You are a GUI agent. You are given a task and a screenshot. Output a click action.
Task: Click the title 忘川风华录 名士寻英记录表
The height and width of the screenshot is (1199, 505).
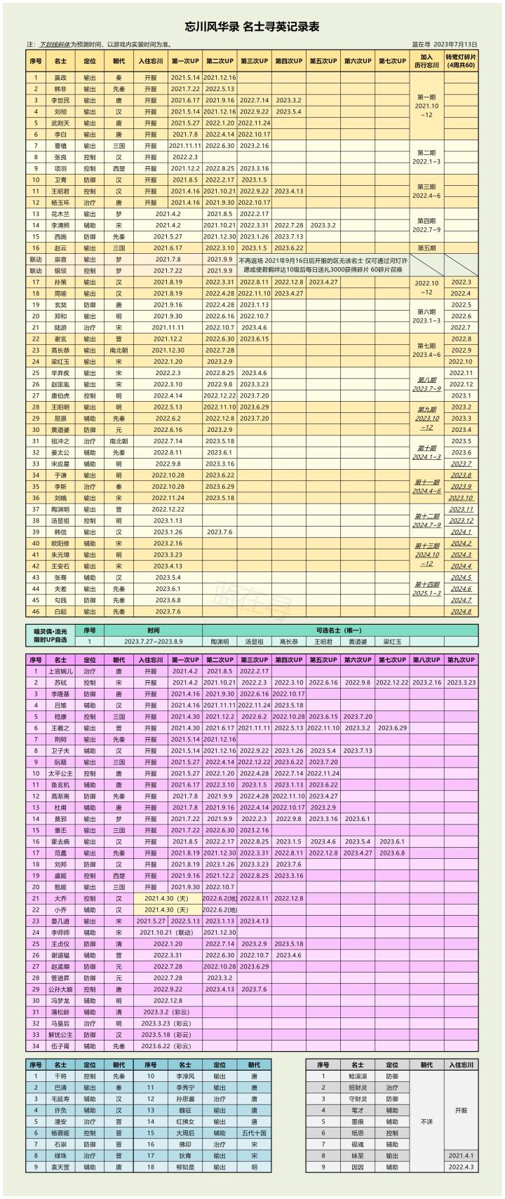click(252, 27)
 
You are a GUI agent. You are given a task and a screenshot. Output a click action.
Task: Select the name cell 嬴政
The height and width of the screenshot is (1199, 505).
click(60, 78)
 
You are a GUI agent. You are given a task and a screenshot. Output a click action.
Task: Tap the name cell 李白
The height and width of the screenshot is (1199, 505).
click(60, 134)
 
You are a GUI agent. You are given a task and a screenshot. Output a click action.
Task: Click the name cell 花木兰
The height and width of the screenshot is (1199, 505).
click(60, 214)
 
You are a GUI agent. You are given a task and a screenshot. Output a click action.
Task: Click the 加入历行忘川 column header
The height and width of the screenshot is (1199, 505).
click(426, 60)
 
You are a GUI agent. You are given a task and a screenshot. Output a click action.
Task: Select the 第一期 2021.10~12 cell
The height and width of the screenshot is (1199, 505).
click(426, 106)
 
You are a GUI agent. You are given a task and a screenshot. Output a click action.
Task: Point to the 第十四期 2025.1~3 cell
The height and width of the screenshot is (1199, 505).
click(426, 588)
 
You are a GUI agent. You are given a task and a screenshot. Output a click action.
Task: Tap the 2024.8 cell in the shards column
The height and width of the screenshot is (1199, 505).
click(461, 611)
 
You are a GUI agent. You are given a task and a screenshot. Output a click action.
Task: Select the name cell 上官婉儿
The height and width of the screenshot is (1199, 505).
click(60, 671)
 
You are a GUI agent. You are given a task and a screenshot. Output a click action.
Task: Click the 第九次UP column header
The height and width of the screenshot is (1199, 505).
click(461, 660)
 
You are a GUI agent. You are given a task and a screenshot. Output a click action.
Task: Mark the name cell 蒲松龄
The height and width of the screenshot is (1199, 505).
click(60, 1012)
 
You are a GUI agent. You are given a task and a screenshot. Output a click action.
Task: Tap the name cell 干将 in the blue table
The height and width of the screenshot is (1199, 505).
click(60, 1076)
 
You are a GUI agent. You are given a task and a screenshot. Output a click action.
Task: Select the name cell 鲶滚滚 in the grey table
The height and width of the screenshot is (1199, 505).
click(358, 1076)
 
